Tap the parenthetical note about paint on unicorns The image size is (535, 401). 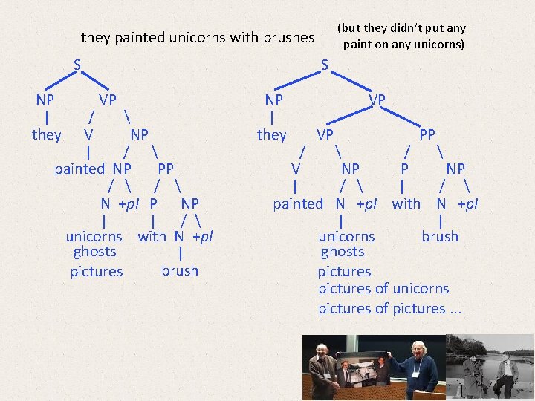pyautogui.click(x=402, y=36)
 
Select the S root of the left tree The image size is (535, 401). pyautogui.click(x=77, y=65)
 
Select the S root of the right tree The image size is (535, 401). pyautogui.click(x=325, y=65)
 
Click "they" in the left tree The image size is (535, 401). pyautogui.click(x=47, y=134)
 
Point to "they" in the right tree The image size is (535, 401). pyautogui.click(x=271, y=134)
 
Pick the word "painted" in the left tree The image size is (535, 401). pyautogui.click(x=80, y=169)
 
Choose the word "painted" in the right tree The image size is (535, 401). pyautogui.click(x=298, y=203)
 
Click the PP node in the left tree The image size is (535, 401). pyautogui.click(x=166, y=169)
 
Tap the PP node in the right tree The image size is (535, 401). pyautogui.click(x=427, y=134)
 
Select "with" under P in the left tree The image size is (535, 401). pyautogui.click(x=152, y=237)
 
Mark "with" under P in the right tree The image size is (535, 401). pyautogui.click(x=406, y=203)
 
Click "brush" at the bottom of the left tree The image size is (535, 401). pyautogui.click(x=180, y=270)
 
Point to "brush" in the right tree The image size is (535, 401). pyautogui.click(x=440, y=237)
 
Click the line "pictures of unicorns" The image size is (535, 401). pyautogui.click(x=383, y=289)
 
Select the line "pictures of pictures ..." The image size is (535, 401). pyautogui.click(x=390, y=308)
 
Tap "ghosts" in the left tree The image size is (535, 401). pyautogui.click(x=95, y=252)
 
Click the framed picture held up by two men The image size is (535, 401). pyautogui.click(x=372, y=364)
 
